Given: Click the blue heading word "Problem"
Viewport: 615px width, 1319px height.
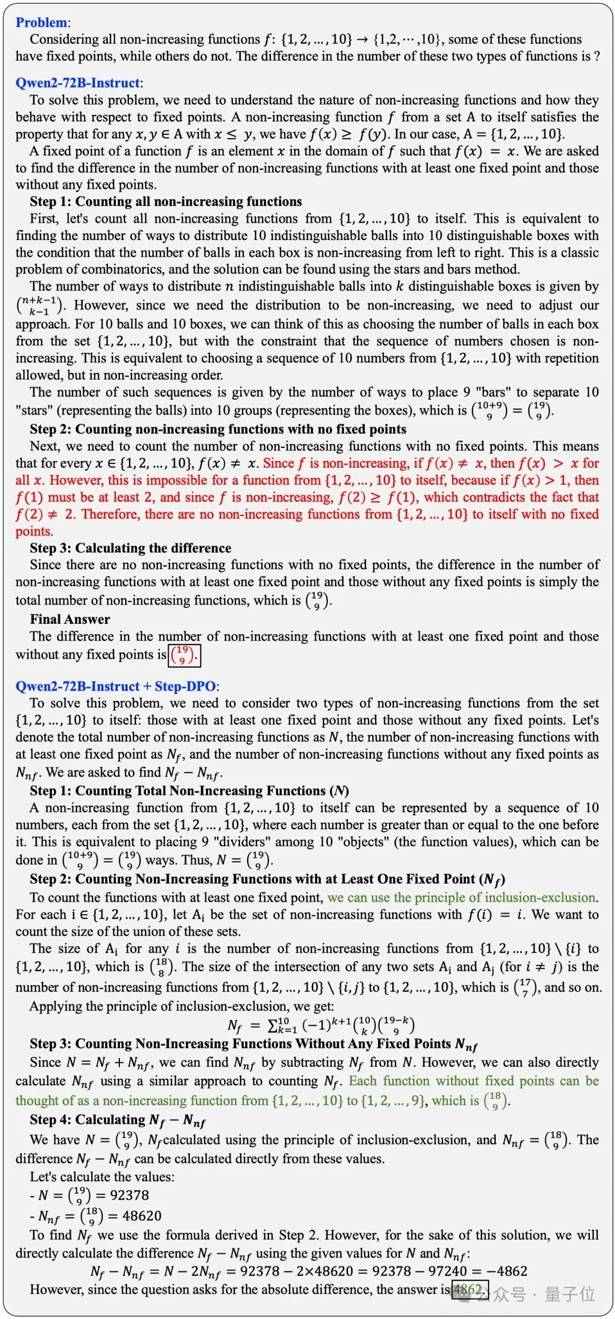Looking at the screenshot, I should [40, 22].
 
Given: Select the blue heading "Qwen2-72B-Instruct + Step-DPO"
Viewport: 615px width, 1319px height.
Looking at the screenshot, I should [116, 686].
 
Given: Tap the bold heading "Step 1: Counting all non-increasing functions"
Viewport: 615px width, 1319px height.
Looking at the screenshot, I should [166, 202].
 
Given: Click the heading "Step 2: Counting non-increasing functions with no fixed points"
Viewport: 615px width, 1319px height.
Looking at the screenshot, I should [218, 429].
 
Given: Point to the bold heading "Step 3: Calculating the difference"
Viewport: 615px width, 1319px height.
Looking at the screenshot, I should [130, 548].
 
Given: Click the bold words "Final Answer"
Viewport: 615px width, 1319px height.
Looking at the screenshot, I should [69, 619].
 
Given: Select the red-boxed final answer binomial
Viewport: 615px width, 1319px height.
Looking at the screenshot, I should [184, 655].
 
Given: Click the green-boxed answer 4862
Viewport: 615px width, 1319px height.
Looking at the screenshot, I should [469, 1289].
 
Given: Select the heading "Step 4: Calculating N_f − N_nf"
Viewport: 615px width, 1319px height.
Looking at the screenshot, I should [117, 1120].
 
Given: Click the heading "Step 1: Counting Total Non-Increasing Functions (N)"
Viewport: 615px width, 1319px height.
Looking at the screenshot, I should [189, 791].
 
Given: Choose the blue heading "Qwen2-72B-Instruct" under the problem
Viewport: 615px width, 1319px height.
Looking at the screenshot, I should [77, 83].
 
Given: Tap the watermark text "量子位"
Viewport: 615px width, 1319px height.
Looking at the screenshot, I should [569, 1294].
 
